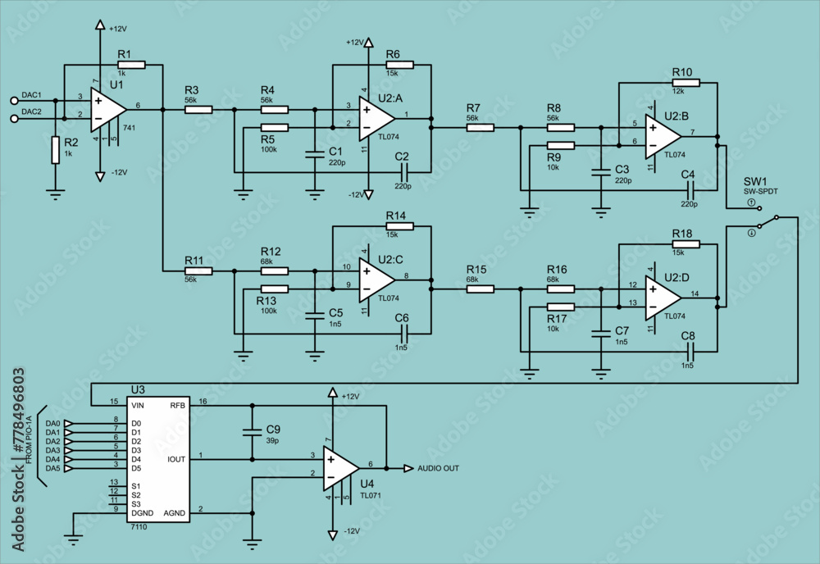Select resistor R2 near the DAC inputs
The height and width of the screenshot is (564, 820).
coord(56,150)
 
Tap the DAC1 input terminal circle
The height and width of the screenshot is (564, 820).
coord(15,100)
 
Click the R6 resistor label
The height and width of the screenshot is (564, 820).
coord(394,54)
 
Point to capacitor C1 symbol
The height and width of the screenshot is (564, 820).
coord(314,152)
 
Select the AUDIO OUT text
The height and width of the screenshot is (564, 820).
coord(438,469)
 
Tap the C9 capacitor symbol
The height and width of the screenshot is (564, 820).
coord(252,432)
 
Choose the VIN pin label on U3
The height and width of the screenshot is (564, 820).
coord(137,404)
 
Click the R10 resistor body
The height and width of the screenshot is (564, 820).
coord(686,83)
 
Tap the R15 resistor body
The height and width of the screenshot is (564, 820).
coord(481,289)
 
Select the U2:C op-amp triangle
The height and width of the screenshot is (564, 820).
coord(376,280)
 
